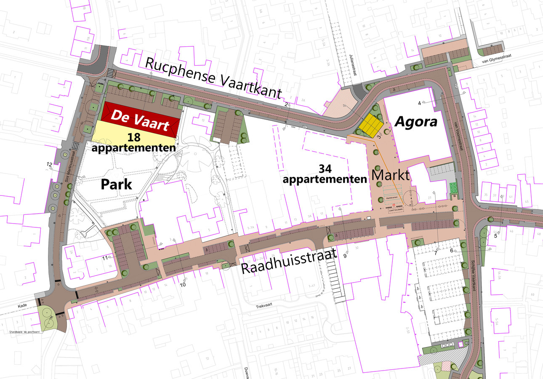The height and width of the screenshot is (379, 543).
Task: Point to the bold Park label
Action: coord(116,184)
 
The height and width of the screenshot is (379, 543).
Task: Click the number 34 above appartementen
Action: coord(325,168)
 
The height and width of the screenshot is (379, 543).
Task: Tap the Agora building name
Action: coord(416,122)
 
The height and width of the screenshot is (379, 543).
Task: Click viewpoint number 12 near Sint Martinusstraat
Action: coord(49,164)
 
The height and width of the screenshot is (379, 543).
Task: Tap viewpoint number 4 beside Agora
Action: coord(419,103)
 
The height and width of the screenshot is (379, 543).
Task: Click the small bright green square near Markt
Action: coord(453,187)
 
